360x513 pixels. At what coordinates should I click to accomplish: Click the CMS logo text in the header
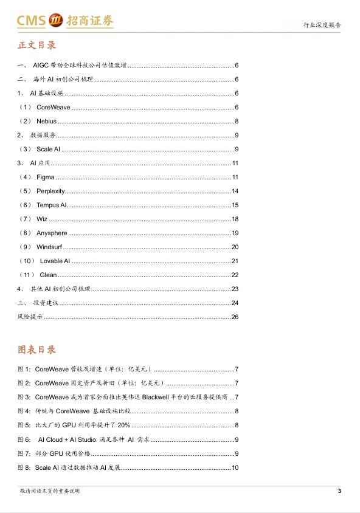pyautogui.click(x=31, y=22)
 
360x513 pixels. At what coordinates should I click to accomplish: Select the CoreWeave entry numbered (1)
pyautogui.click(x=53, y=107)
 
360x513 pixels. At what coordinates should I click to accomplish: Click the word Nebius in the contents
pyautogui.click(x=46, y=121)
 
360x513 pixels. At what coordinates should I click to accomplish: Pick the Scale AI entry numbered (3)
pyautogui.click(x=48, y=149)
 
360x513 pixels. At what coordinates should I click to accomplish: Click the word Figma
pyautogui.click(x=45, y=177)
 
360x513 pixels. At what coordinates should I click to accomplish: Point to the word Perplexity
pyautogui.click(x=50, y=191)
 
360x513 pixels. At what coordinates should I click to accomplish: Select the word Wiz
pyautogui.click(x=41, y=219)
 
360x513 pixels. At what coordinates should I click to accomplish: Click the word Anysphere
pyautogui.click(x=52, y=233)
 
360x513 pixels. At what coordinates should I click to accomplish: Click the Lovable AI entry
pyautogui.click(x=55, y=261)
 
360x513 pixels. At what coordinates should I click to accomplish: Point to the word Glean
pyautogui.click(x=48, y=275)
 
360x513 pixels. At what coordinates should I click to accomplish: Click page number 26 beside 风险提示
pyautogui.click(x=235, y=317)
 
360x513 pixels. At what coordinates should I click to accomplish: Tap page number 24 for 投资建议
pyautogui.click(x=235, y=303)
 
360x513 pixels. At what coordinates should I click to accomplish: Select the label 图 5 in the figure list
pyautogui.click(x=24, y=425)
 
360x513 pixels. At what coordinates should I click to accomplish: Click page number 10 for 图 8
pyautogui.click(x=235, y=467)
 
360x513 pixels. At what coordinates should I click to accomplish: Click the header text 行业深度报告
pyautogui.click(x=322, y=26)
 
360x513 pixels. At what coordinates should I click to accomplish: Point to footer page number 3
pyautogui.click(x=339, y=491)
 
